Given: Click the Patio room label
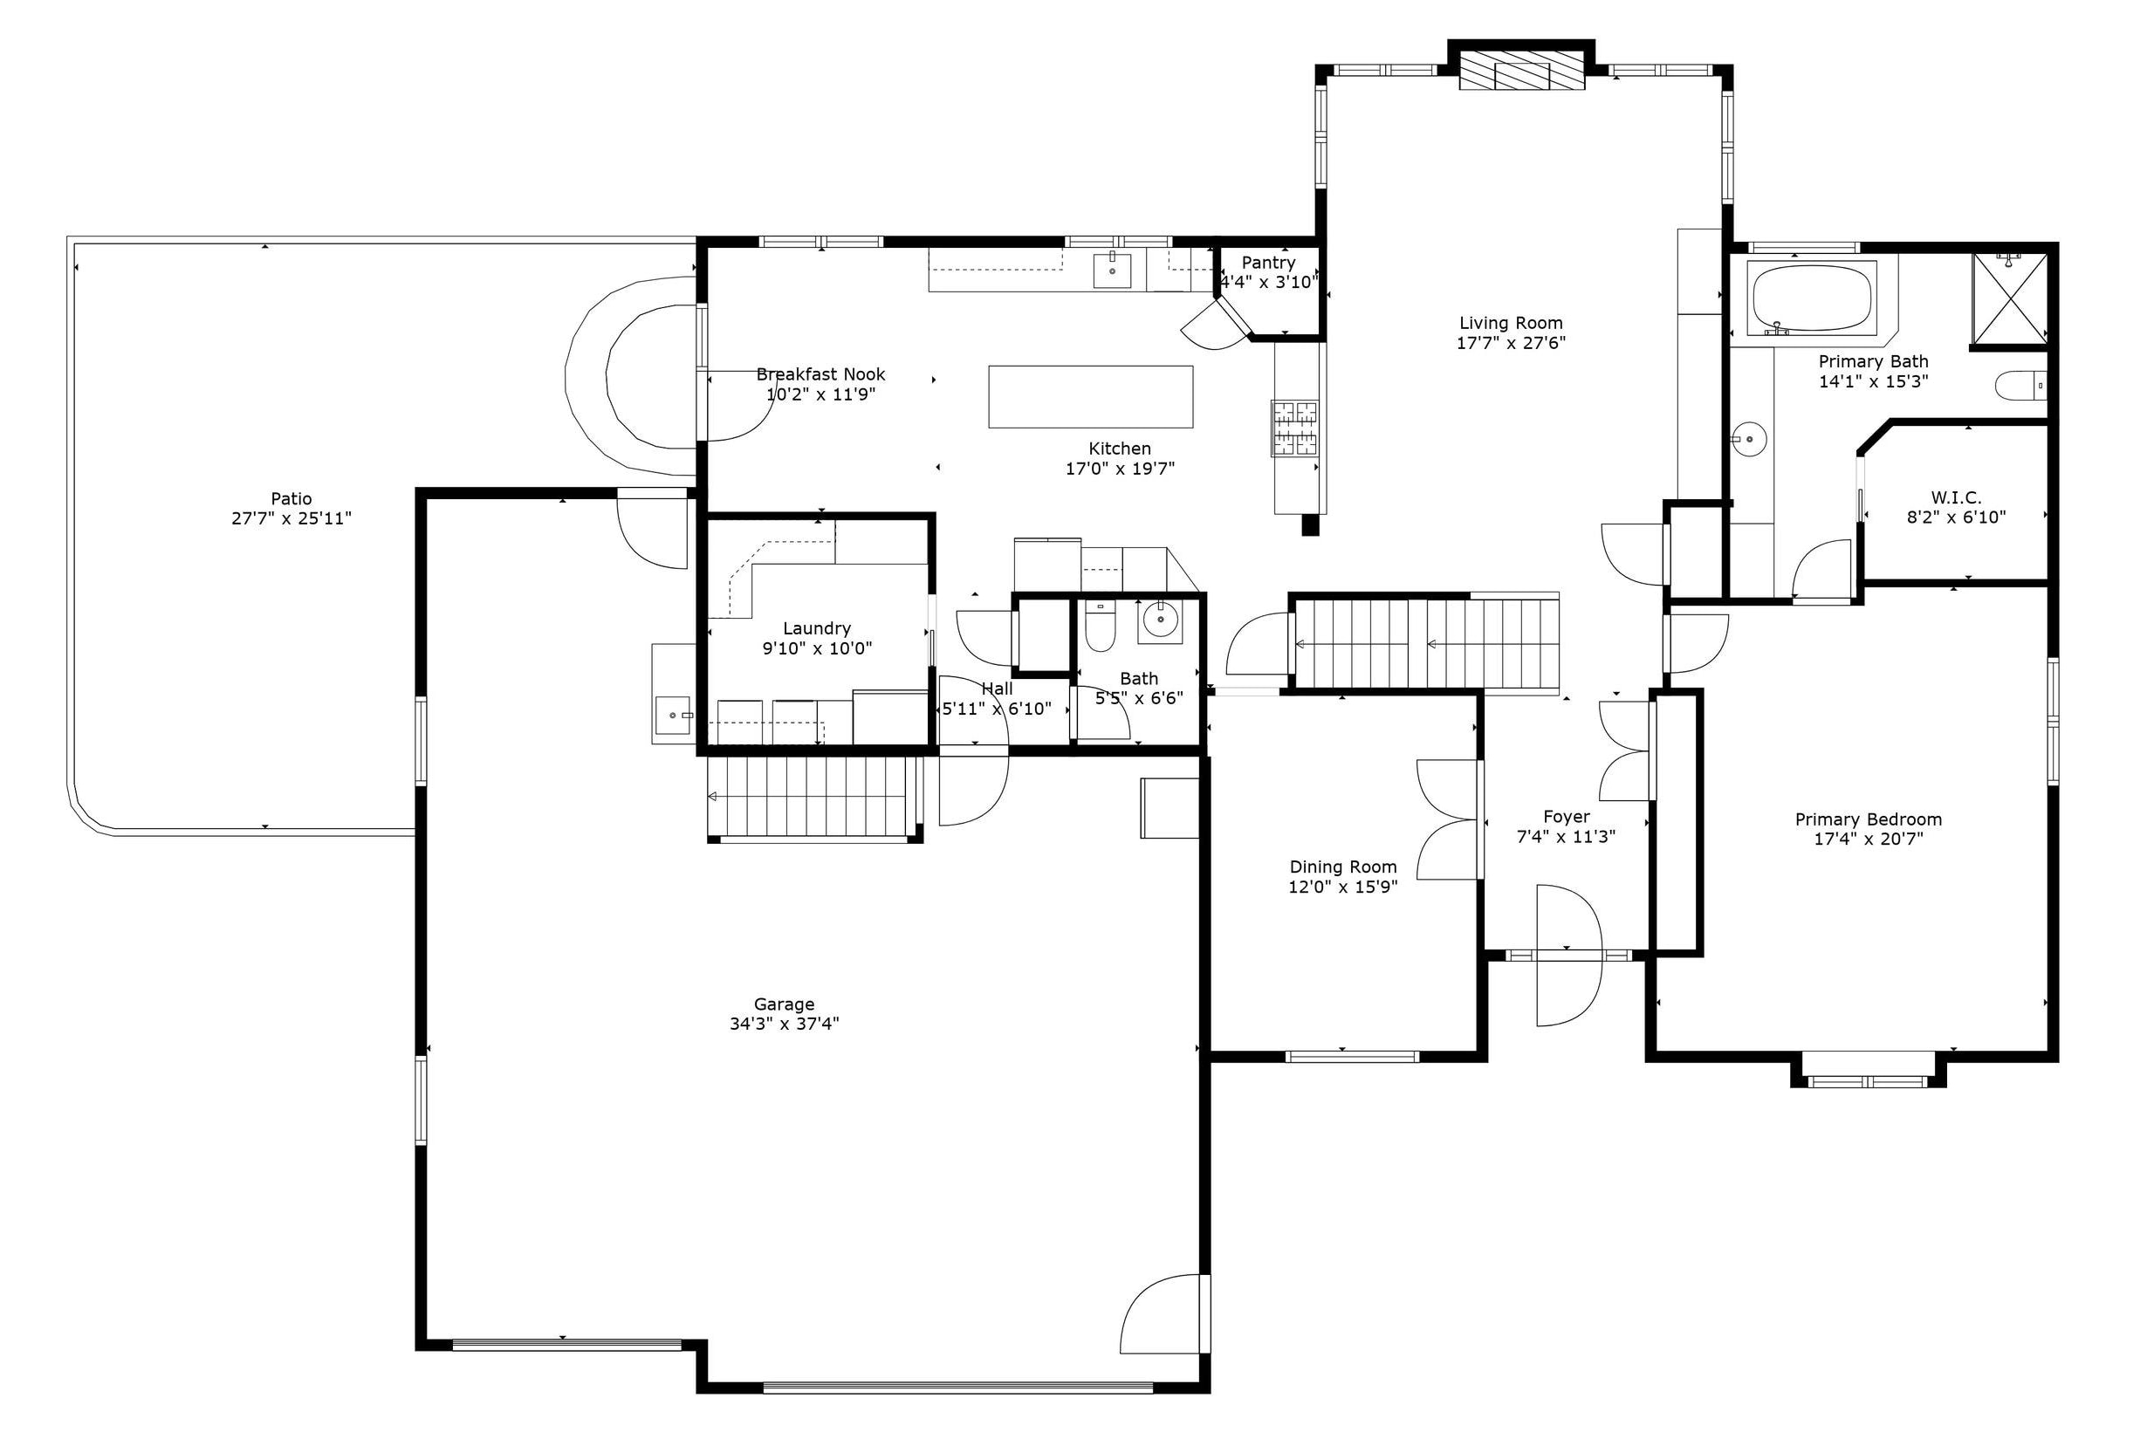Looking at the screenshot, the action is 292,498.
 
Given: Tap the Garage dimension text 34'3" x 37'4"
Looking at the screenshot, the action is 784,1024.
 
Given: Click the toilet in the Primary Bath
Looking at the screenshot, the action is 2020,385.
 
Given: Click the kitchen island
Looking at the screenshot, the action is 1090,396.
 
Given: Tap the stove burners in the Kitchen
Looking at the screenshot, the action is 1295,428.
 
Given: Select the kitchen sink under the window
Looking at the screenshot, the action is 1113,271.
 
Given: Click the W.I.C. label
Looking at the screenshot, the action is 1956,498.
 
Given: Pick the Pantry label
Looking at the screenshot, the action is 1268,263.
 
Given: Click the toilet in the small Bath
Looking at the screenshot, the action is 1100,627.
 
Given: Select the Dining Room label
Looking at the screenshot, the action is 1343,867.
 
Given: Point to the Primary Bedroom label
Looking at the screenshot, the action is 1869,819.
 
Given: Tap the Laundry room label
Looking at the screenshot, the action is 816,629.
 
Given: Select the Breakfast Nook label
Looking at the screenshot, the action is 820,374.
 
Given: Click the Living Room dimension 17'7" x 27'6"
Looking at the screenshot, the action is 1511,343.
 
